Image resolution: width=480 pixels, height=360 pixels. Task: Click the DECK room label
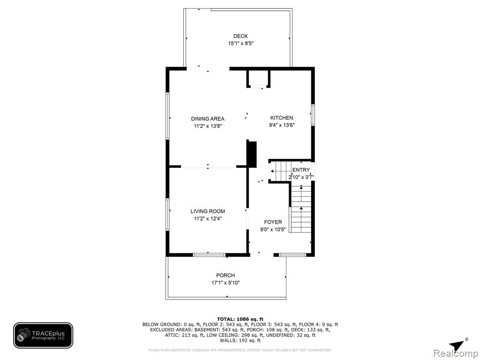[240, 36]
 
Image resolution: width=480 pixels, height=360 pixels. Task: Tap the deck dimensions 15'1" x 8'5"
[240, 44]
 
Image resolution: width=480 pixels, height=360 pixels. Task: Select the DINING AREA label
[208, 119]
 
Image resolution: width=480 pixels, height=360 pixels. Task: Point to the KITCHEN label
[282, 118]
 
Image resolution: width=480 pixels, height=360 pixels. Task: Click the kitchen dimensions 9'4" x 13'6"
[282, 125]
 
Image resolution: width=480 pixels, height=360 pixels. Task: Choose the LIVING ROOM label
[208, 211]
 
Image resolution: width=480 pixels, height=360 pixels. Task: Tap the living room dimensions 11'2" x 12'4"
[208, 218]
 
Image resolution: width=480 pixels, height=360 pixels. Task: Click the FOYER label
[273, 222]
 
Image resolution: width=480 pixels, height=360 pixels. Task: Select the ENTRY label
[301, 170]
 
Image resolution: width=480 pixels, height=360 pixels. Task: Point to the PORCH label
[225, 276]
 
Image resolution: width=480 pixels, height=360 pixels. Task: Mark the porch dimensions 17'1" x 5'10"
[225, 283]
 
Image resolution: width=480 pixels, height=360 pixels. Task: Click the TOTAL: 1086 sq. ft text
[240, 319]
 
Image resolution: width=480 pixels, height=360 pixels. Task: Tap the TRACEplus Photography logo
[43, 336]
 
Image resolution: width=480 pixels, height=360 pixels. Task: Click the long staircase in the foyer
[301, 208]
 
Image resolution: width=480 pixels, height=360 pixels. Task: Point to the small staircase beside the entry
[280, 172]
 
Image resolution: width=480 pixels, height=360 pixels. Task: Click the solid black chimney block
[252, 154]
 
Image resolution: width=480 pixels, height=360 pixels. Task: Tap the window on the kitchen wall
[313, 115]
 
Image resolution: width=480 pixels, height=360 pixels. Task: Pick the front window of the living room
[210, 255]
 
